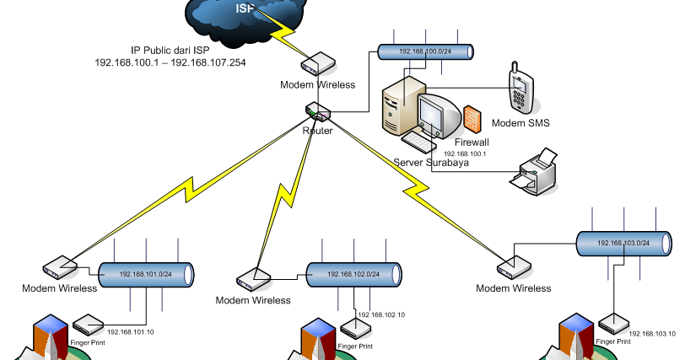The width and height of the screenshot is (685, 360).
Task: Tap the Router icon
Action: pyautogui.click(x=319, y=113)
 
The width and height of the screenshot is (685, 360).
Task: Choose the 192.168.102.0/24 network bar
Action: pyautogui.click(x=353, y=273)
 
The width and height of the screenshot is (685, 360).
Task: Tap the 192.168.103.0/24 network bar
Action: pyautogui.click(x=624, y=243)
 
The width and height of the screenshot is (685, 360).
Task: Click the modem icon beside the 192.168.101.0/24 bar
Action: pyautogui.click(x=59, y=267)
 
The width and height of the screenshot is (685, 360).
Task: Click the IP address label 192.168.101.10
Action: pyautogui.click(x=131, y=331)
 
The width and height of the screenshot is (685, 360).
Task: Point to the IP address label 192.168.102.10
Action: pyautogui.click(x=381, y=314)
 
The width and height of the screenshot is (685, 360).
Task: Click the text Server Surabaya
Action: pyautogui.click(x=431, y=163)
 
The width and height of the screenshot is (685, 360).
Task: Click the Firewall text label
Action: pyautogui.click(x=472, y=142)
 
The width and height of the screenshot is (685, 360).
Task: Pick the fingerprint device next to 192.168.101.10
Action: pyautogui.click(x=89, y=324)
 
